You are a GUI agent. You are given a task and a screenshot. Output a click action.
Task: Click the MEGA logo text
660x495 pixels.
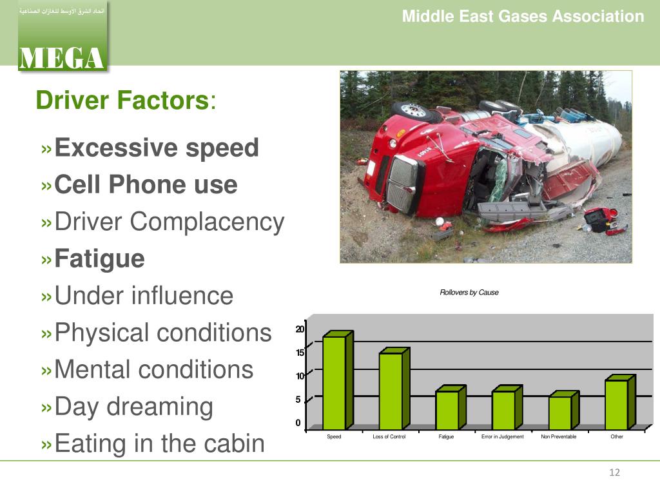[61, 57]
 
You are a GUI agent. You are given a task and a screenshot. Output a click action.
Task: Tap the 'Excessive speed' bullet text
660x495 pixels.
[157, 148]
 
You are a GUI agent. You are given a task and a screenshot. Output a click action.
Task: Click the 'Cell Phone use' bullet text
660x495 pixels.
[146, 186]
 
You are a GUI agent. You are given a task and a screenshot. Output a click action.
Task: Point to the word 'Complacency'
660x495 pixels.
[207, 222]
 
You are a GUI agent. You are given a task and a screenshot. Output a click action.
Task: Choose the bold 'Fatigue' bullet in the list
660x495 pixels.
[99, 259]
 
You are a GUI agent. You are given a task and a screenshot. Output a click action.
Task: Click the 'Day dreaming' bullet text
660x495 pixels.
[133, 407]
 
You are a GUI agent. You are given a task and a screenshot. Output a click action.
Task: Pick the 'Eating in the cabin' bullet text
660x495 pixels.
[159, 443]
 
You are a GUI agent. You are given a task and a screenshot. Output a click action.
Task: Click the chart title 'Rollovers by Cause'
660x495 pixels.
[469, 293]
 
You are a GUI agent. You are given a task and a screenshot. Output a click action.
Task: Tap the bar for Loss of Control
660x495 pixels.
[391, 390]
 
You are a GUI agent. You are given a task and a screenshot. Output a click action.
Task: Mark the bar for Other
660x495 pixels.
[616, 403]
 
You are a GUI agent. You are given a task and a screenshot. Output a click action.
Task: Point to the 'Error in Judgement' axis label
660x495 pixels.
[503, 437]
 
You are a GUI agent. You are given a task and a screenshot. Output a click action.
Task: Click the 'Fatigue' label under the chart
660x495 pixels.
[446, 437]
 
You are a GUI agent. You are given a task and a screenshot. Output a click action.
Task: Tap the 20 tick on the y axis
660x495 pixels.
[299, 329]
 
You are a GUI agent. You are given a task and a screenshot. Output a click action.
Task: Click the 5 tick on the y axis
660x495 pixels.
[298, 400]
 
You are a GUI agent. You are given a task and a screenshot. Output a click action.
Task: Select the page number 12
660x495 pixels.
[614, 474]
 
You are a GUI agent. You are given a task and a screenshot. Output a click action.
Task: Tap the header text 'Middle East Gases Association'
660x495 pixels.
[523, 17]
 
